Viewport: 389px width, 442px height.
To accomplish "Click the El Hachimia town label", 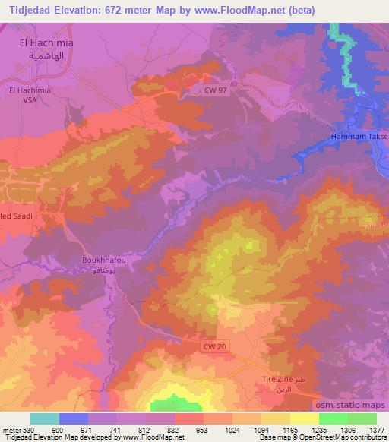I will [46, 43].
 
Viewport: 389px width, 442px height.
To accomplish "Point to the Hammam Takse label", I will [359, 136].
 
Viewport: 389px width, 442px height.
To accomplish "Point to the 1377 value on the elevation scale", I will [377, 430].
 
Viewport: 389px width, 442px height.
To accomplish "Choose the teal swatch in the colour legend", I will [45, 418].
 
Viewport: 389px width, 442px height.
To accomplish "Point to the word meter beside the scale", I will [10, 430].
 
